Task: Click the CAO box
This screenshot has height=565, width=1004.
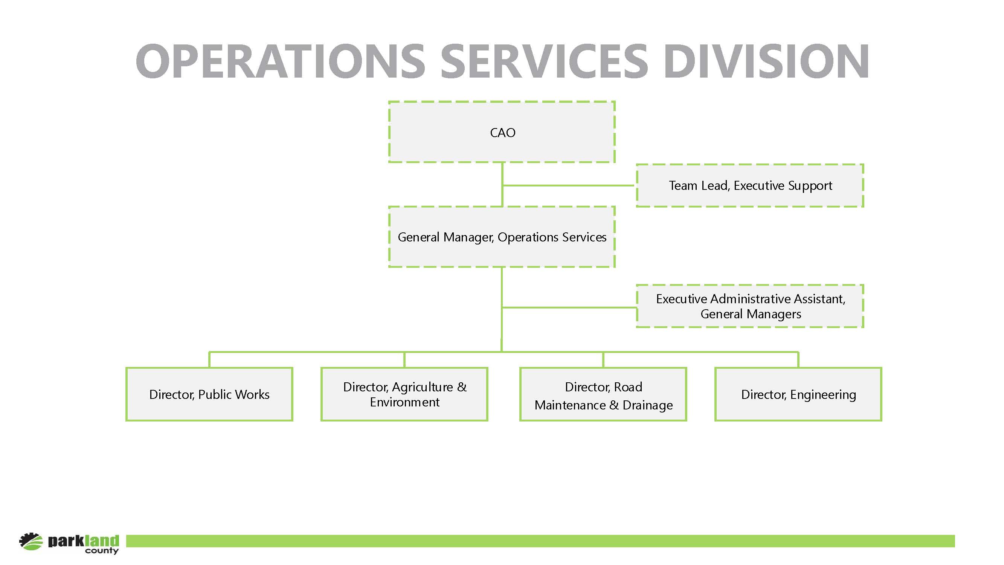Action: (502, 132)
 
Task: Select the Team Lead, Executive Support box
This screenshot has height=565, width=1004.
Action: (750, 185)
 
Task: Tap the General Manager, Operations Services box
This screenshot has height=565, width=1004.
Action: (502, 237)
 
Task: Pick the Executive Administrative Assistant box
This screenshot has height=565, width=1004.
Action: (750, 306)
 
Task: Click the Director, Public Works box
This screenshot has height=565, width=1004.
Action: (209, 394)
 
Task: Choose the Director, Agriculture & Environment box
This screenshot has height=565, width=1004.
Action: (404, 394)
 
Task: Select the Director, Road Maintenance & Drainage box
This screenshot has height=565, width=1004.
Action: (603, 394)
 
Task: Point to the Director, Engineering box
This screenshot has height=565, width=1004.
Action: (798, 394)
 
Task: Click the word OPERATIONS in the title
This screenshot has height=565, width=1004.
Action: (280, 61)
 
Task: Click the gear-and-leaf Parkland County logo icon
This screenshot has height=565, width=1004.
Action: (31, 541)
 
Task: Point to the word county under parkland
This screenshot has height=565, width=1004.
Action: (102, 551)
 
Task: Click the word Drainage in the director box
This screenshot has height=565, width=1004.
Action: (648, 405)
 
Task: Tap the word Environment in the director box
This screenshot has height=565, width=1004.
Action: (404, 402)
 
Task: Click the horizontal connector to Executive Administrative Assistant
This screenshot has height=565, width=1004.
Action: (569, 308)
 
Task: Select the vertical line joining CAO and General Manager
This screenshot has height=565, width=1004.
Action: (502, 185)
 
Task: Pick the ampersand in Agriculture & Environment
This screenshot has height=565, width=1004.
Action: (462, 387)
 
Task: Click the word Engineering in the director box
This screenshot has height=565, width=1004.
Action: (823, 395)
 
